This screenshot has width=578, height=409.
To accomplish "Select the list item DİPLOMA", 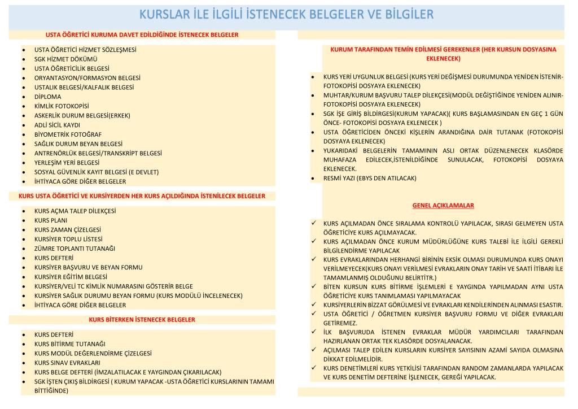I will tap(47, 97).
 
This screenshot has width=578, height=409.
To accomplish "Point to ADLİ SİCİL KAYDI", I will tap(57, 125).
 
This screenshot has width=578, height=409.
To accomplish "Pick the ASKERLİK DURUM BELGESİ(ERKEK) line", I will tap(82, 115).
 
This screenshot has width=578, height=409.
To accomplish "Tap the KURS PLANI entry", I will tap(51, 220).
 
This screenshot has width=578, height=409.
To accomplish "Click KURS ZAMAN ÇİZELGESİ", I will tap(68, 229).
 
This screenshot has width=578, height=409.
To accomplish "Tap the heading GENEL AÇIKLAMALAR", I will tap(443, 205).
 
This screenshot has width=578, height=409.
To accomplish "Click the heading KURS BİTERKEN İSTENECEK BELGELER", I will tap(142, 320).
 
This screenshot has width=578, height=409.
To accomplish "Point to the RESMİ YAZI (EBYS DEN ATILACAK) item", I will tap(369, 178).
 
